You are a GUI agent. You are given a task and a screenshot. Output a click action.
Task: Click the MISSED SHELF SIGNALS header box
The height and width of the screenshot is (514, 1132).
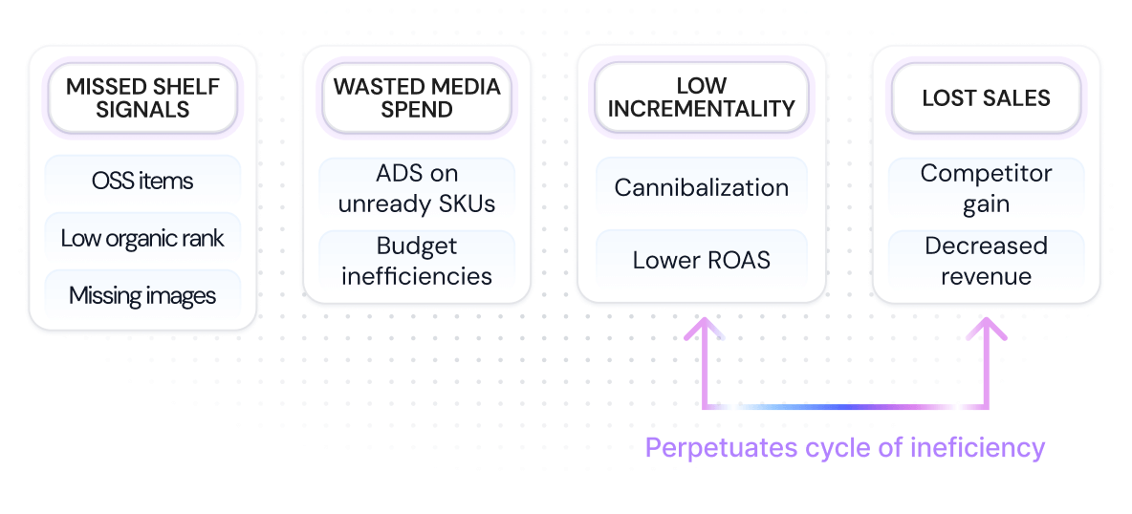(142, 98)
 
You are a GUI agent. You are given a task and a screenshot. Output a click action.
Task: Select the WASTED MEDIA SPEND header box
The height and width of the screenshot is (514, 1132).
(417, 98)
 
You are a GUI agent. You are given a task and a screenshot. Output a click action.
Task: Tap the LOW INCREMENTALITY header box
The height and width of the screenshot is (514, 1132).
(701, 98)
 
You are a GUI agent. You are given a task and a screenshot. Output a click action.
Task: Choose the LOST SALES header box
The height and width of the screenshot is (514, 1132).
(986, 98)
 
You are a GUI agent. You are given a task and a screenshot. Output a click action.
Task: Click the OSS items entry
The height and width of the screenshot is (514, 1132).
(142, 181)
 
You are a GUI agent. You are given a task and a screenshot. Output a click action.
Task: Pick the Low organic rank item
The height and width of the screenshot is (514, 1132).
(142, 238)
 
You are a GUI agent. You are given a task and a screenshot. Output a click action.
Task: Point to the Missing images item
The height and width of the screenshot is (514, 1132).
(142, 296)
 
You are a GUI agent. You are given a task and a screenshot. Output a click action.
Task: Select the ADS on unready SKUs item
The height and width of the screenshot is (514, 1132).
(417, 188)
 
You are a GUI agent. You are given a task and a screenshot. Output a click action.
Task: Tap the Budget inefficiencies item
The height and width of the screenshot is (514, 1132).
(417, 261)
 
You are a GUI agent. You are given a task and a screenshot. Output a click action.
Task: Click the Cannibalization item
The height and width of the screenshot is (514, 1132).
(701, 187)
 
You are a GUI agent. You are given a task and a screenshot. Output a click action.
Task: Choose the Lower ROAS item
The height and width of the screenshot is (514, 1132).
(701, 260)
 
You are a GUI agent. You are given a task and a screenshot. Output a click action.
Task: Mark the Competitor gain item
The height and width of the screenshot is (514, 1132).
(986, 188)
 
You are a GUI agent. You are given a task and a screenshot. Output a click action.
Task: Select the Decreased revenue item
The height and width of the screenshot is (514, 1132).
(986, 261)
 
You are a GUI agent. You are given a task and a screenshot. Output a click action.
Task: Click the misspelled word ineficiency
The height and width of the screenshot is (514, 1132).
(979, 447)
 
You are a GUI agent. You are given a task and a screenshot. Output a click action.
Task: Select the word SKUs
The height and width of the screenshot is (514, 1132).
(466, 203)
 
